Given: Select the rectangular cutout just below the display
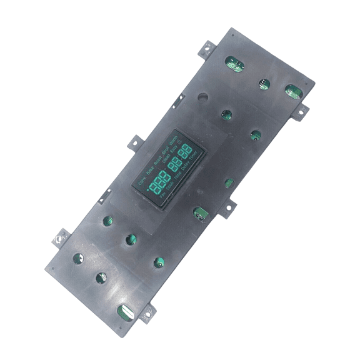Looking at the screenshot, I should pyautogui.click(x=200, y=214).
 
